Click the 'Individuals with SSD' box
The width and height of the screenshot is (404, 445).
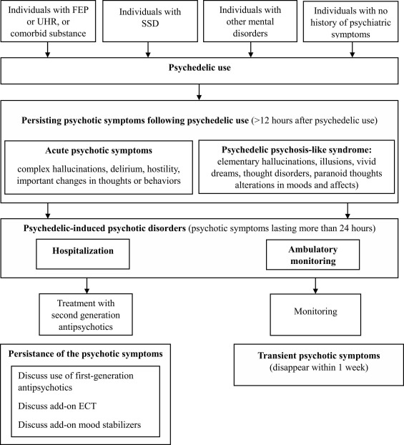(x=150, y=21)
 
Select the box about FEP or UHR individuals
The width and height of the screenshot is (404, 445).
(x=48, y=21)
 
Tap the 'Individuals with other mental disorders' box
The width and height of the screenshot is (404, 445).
(x=250, y=21)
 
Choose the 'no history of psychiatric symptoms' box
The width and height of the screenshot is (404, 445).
(x=350, y=21)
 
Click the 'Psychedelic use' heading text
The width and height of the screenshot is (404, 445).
(x=199, y=67)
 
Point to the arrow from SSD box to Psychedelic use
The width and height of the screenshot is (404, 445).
(x=148, y=49)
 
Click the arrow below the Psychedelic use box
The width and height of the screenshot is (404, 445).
(x=199, y=92)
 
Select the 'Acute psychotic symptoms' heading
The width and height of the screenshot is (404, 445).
(x=99, y=150)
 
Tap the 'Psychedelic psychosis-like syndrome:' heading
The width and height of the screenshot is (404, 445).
(x=297, y=150)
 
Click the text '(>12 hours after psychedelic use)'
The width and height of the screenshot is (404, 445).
(x=315, y=120)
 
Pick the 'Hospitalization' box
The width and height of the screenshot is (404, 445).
(x=83, y=254)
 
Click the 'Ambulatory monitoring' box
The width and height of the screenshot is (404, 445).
(x=312, y=255)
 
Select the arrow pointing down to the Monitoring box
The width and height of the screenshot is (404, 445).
(x=315, y=285)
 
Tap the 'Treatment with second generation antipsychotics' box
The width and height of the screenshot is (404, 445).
(x=86, y=315)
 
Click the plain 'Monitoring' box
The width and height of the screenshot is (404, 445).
(x=315, y=315)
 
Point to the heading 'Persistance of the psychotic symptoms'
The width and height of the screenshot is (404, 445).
(x=85, y=354)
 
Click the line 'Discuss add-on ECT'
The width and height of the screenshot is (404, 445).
(x=57, y=406)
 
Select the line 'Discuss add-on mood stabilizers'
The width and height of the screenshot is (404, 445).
(x=79, y=425)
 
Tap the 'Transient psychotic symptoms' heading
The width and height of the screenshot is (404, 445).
(x=319, y=356)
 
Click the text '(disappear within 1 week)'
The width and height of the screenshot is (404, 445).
(x=319, y=368)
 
